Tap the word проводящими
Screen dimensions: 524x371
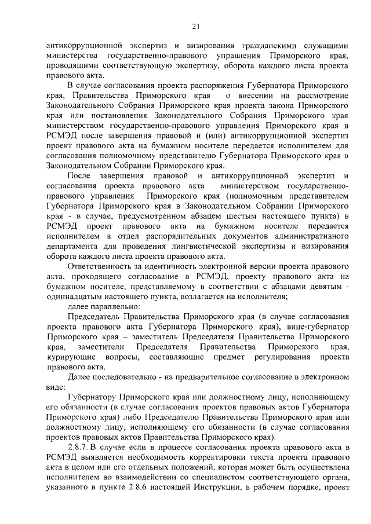(71, 66)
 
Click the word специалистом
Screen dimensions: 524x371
(196, 478)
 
